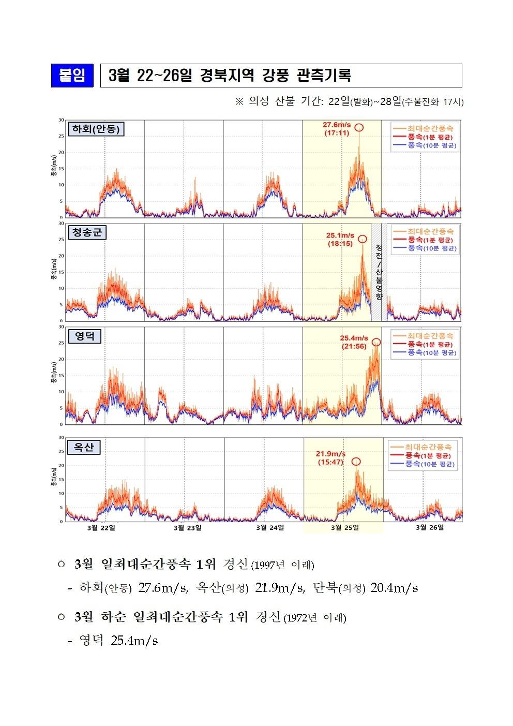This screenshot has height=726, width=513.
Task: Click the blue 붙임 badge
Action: tap(72, 76)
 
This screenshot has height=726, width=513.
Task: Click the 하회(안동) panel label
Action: tap(96, 129)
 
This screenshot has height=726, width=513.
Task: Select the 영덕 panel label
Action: tap(85, 336)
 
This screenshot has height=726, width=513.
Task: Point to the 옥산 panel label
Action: tap(84, 447)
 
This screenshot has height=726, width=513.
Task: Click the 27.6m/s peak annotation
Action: tap(337, 129)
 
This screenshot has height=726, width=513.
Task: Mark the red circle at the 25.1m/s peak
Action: tap(363, 239)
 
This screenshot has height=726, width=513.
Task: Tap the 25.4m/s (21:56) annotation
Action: tap(354, 342)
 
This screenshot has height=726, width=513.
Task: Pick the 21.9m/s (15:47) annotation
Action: tap(331, 458)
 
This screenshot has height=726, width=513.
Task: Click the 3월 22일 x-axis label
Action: tap(101, 527)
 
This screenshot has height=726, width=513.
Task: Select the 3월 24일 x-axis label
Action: tap(270, 527)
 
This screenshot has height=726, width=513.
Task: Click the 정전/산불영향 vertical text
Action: tap(379, 272)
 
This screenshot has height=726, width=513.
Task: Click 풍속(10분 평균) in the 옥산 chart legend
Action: tap(427, 465)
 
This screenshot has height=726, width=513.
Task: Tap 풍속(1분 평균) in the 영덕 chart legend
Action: tap(429, 344)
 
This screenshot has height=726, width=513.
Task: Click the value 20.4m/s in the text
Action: tap(394, 588)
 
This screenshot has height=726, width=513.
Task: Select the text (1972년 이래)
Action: tap(315, 618)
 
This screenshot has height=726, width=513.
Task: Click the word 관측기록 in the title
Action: tap(324, 76)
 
